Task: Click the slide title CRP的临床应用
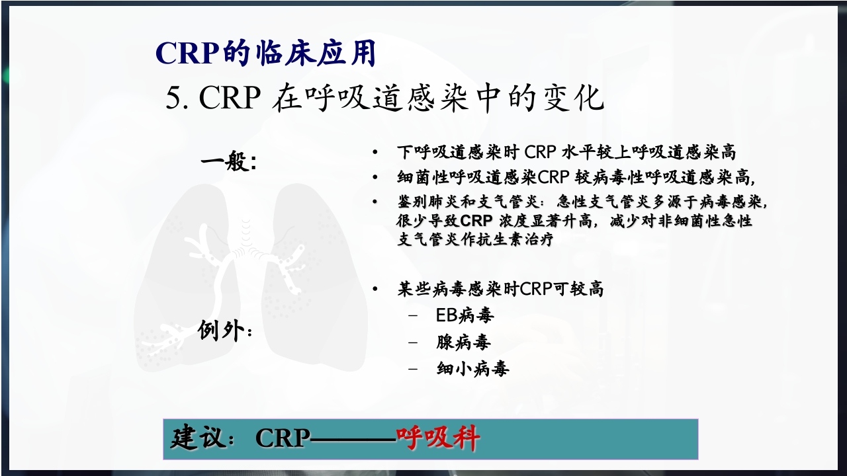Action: point(265,54)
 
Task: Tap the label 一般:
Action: point(228,162)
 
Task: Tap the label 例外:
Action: point(225,331)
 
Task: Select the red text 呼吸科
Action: point(437,438)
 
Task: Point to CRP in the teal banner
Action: point(283,439)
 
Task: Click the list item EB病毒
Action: point(465,315)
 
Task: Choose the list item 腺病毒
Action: point(463,342)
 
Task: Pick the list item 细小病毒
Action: point(472,368)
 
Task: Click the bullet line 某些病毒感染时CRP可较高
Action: point(500,289)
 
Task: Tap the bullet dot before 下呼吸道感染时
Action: point(375,153)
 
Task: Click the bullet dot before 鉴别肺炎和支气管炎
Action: point(375,201)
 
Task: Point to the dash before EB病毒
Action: point(413,315)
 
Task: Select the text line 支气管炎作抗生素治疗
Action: point(474,239)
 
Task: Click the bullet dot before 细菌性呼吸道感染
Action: point(375,177)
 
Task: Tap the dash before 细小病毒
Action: point(413,368)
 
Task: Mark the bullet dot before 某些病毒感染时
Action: point(375,290)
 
